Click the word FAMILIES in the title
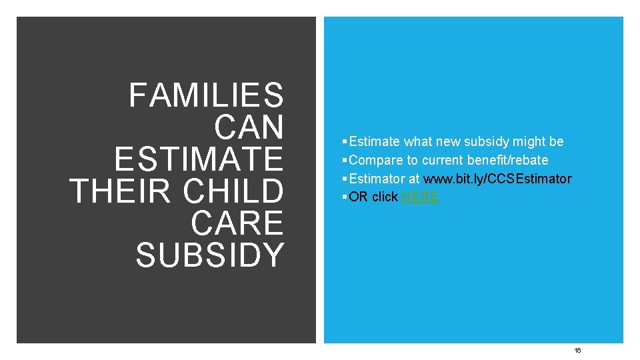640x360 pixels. (x=206, y=95)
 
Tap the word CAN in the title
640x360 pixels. (x=249, y=127)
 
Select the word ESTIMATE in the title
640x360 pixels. (x=199, y=159)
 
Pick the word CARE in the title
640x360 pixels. (x=237, y=223)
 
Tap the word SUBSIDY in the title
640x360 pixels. (x=210, y=255)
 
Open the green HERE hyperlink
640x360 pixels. (x=420, y=197)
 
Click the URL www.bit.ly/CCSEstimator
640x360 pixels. (x=498, y=179)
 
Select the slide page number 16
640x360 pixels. (x=578, y=350)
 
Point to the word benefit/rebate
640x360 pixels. (x=507, y=160)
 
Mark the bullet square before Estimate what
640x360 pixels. (x=343, y=142)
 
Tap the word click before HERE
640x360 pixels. (x=385, y=197)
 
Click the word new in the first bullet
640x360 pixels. (x=449, y=141)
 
